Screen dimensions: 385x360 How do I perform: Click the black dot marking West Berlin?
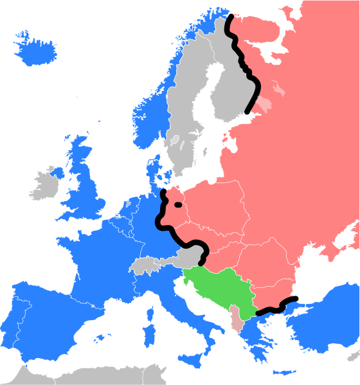coord(177,206)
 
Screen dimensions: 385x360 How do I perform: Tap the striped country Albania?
coord(238,318)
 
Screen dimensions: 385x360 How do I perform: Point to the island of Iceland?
coord(32,49)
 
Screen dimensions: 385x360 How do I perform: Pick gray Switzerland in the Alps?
coord(145,265)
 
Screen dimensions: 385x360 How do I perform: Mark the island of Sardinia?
coord(148,334)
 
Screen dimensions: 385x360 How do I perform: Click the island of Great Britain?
coord(87,186)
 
